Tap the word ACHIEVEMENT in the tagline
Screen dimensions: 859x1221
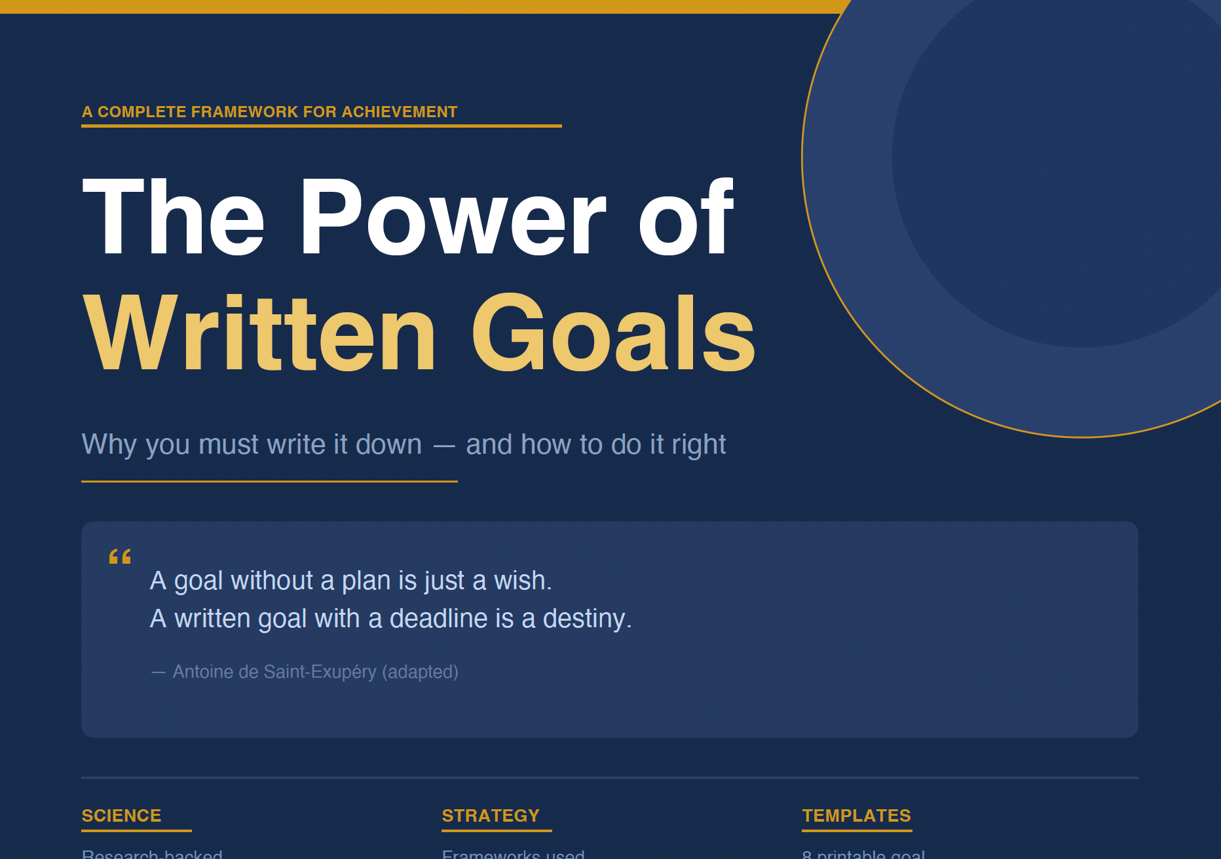[399, 112]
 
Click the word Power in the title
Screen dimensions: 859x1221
[452, 218]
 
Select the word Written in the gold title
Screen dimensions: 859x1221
[259, 335]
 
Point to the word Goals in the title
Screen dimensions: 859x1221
[613, 335]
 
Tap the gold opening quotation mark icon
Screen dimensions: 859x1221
[120, 557]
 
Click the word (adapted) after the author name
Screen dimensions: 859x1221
[420, 672]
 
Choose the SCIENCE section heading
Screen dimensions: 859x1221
[121, 816]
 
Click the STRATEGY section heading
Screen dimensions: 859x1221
[491, 816]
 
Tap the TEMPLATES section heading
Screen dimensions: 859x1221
[856, 816]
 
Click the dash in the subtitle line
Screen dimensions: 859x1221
[444, 446]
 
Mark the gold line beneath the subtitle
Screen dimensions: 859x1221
[269, 481]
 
